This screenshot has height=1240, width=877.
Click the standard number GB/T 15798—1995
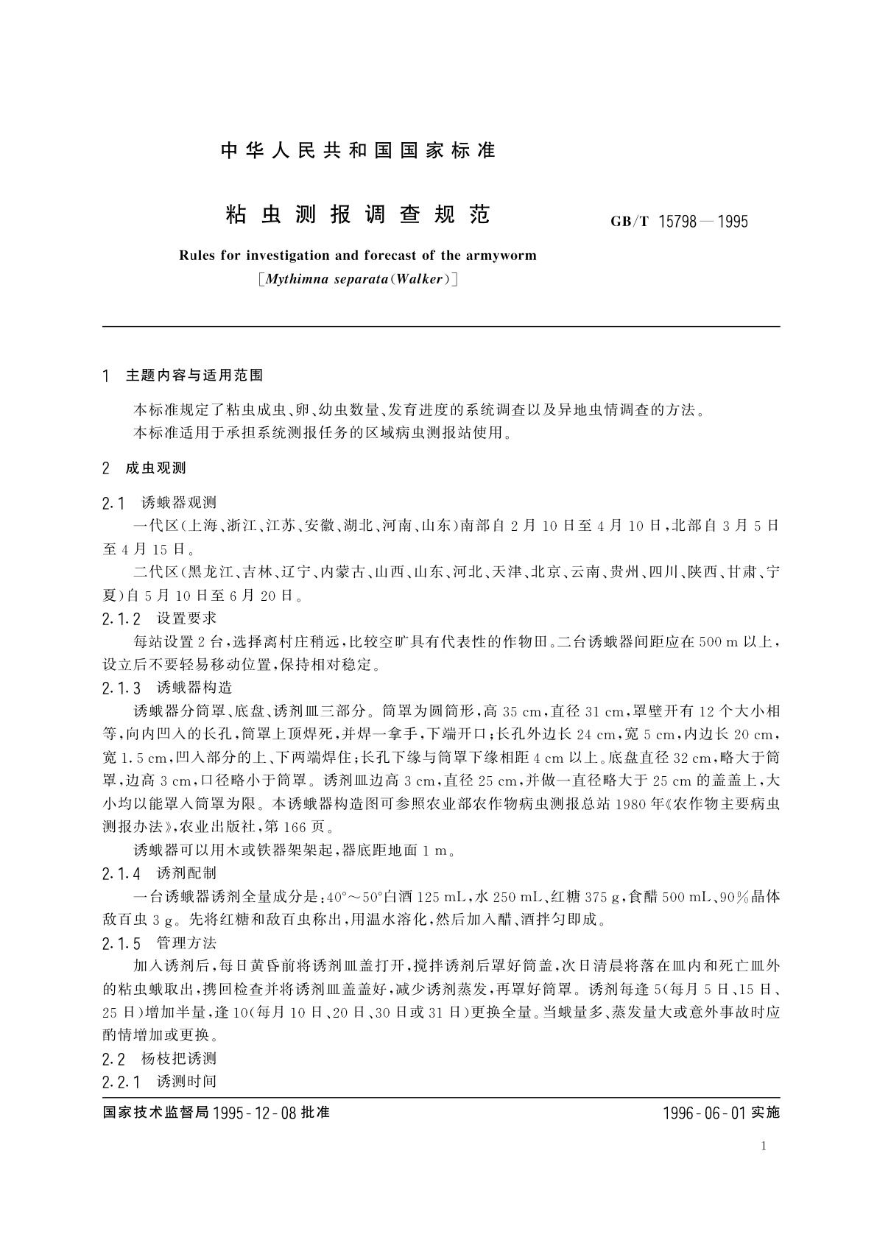tap(679, 222)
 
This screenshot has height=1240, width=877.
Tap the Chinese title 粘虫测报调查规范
tap(356, 214)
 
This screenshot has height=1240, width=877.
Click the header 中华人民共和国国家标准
tap(358, 151)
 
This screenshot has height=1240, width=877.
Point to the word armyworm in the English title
tap(501, 256)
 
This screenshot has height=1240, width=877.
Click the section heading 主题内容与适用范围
tap(194, 376)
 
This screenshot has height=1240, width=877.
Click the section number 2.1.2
tap(121, 619)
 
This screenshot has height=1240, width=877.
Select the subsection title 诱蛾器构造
tap(194, 688)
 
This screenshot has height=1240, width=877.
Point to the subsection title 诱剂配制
tap(187, 873)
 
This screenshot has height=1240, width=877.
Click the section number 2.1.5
tap(121, 943)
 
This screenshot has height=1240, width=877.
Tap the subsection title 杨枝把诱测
tap(179, 1059)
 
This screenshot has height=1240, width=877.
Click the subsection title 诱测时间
tap(187, 1082)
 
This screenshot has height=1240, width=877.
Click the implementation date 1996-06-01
tap(705, 1113)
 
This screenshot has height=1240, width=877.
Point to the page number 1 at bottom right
tap(764, 1146)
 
